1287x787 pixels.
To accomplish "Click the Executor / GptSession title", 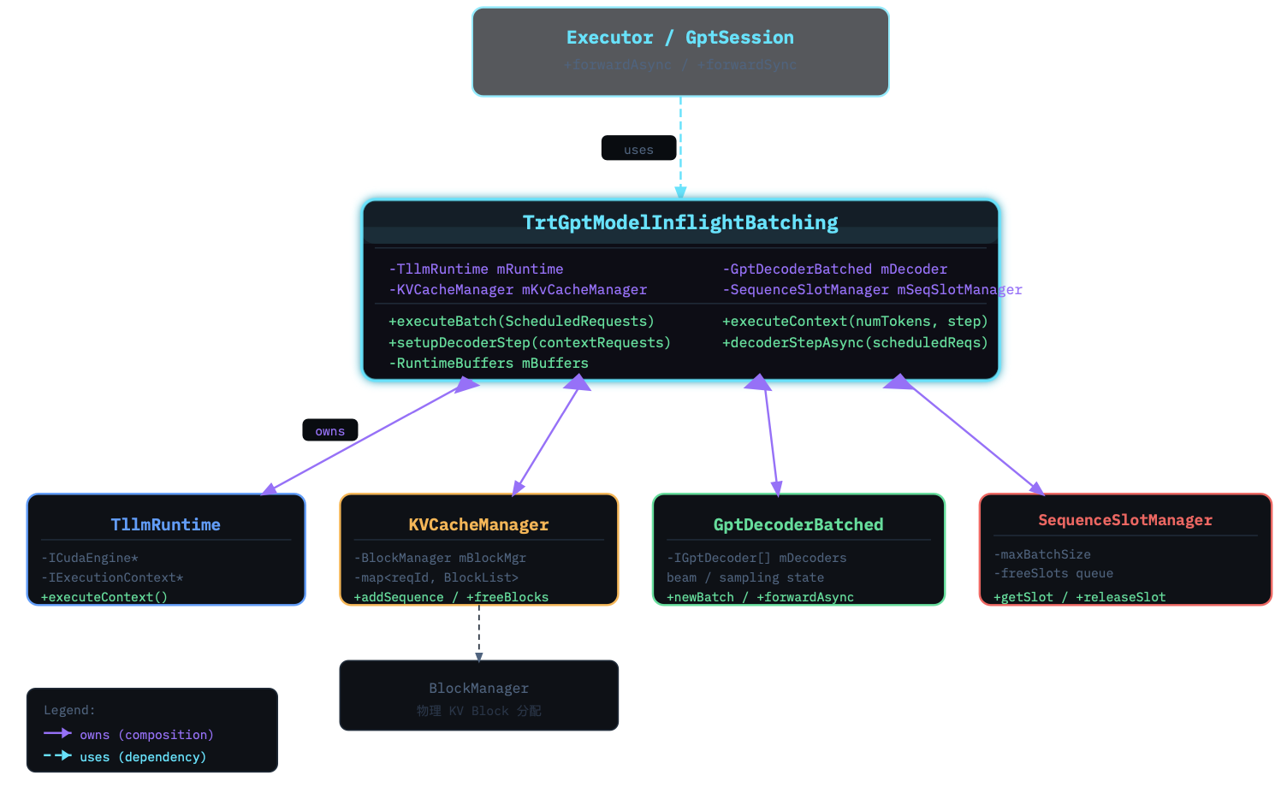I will [679, 38].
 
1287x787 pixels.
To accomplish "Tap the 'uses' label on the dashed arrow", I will [638, 150].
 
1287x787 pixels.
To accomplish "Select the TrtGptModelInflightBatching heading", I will [680, 222].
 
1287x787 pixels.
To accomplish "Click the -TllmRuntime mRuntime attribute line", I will [476, 269].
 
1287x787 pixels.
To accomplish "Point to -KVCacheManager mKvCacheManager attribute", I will [518, 289].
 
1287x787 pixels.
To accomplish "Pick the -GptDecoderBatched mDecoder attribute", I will [834, 269].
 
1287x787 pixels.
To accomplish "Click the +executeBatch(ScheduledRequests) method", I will [521, 321].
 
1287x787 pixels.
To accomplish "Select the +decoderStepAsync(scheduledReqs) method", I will [855, 342].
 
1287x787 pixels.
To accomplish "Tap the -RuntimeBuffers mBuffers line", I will [489, 363].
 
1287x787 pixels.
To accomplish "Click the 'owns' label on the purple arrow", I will [329, 431].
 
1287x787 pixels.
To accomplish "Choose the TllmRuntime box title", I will [166, 524].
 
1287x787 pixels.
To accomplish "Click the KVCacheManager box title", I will [478, 524].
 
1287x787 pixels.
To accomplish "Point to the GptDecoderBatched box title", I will [798, 524].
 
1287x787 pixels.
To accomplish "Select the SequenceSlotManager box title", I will [1125, 520].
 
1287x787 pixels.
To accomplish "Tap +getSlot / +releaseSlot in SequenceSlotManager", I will [1079, 597].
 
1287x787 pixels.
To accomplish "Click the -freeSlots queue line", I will [1053, 573].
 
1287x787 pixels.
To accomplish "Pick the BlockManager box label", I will [478, 688].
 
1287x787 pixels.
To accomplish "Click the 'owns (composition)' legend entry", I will [146, 735].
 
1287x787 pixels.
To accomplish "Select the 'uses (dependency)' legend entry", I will [143, 757].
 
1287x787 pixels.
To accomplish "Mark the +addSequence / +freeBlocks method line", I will [451, 597].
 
